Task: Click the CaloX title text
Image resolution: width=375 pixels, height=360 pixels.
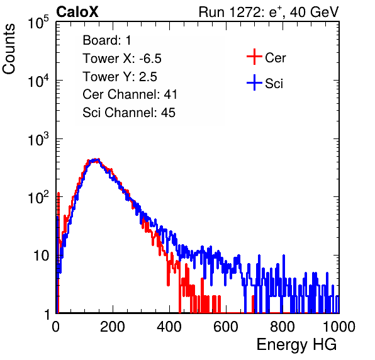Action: coord(77,12)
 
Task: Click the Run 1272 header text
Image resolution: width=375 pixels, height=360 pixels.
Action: coord(269,12)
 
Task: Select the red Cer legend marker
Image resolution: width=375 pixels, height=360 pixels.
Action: coord(254,57)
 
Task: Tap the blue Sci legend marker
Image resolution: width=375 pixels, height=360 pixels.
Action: coord(254,82)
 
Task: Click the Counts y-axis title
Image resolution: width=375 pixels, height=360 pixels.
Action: coord(9,49)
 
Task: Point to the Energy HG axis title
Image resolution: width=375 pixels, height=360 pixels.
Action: coord(296,344)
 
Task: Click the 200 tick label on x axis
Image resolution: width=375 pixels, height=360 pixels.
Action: coord(113,327)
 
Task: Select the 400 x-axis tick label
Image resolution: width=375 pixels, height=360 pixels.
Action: coord(169,327)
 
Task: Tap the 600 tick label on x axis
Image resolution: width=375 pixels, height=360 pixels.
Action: coord(226,327)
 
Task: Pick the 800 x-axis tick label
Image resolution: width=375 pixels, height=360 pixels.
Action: coord(283,327)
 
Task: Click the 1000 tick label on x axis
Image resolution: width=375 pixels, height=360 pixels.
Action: coord(339,327)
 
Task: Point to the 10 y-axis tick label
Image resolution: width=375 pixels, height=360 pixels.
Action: coord(42,256)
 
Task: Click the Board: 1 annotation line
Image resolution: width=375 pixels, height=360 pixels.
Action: coord(107,40)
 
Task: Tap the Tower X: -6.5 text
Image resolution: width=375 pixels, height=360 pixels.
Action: coord(122,59)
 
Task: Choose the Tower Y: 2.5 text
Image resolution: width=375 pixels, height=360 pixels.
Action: coord(120,77)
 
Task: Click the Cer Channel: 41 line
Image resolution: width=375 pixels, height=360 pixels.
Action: coord(130,94)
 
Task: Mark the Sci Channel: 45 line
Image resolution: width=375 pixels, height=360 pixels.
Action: coord(129,113)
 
